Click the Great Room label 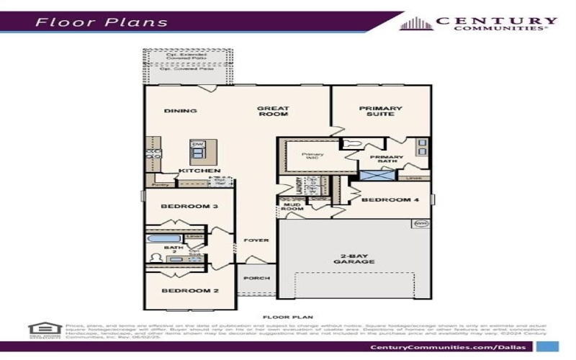pyautogui.click(x=273, y=111)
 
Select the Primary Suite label pyautogui.click(x=381, y=111)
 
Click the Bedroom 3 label pyautogui.click(x=179, y=207)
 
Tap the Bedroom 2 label pyautogui.click(x=179, y=291)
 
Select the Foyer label pyautogui.click(x=256, y=240)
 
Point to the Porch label pyautogui.click(x=257, y=278)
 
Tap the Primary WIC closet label pyautogui.click(x=312, y=156)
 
